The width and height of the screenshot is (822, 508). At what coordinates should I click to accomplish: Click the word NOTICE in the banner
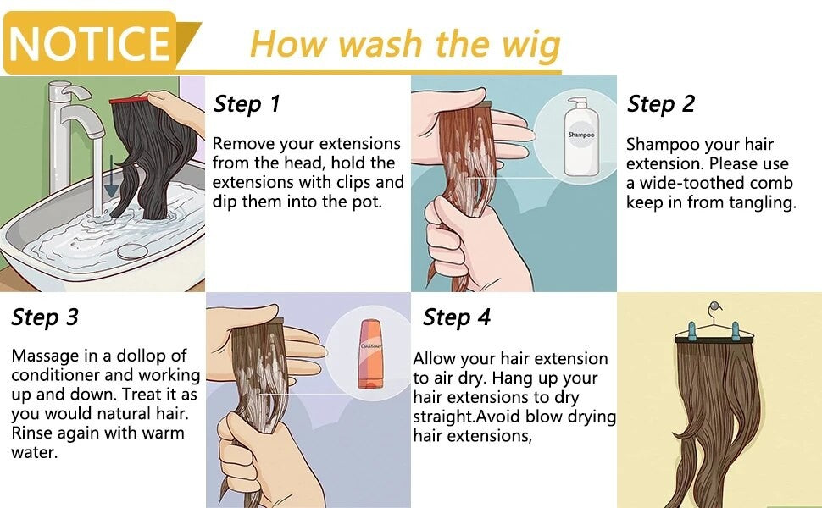click(90, 43)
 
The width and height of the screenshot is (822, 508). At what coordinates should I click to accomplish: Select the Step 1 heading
click(247, 104)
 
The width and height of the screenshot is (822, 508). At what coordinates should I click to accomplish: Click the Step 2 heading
click(660, 104)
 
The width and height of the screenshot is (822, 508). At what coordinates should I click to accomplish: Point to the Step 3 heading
click(45, 317)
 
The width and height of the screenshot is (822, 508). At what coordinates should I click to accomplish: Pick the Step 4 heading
click(457, 317)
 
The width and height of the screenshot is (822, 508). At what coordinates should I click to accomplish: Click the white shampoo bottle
click(580, 136)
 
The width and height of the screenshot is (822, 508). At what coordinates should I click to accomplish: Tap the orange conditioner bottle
click(370, 354)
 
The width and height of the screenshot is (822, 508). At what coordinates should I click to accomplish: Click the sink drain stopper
click(132, 251)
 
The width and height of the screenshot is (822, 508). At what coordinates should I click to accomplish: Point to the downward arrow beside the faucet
click(111, 176)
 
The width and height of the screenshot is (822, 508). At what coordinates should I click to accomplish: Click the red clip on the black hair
click(129, 99)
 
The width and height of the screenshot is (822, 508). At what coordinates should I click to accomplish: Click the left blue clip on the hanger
click(691, 331)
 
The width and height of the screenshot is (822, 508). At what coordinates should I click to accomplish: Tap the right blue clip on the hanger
click(736, 331)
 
